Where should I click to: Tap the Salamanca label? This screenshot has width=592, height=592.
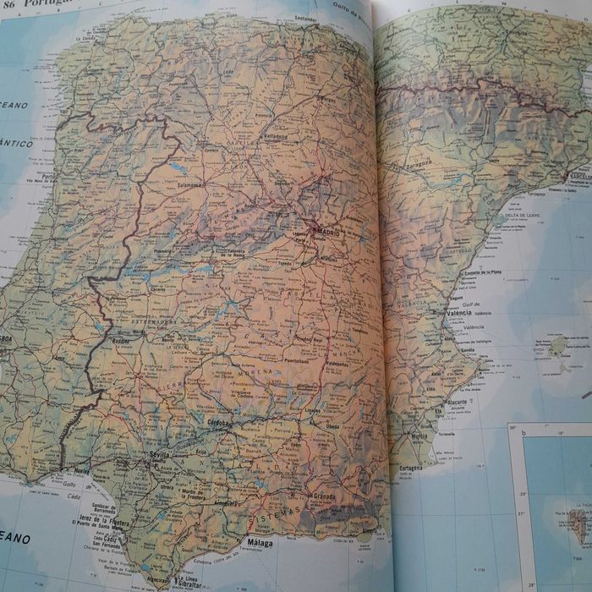click(x=190, y=184)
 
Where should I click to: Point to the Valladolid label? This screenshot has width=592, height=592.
click(x=274, y=135)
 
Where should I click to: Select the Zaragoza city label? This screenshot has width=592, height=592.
click(x=420, y=160)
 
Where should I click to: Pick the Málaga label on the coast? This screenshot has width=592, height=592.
click(x=259, y=542)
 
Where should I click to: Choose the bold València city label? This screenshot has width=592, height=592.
click(x=459, y=313)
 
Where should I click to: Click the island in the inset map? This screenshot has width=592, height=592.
click(x=576, y=525)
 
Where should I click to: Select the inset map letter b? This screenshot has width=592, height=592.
click(x=524, y=433)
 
